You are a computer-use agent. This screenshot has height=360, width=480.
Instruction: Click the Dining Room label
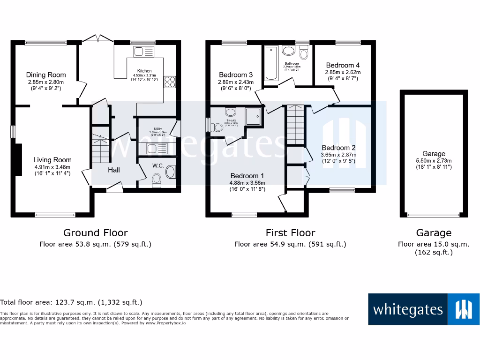tap(45, 75)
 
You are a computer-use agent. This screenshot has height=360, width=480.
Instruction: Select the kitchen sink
tap(144, 52)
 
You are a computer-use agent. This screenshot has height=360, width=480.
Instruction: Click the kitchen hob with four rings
tap(169, 82)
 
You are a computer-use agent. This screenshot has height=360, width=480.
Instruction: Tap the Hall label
tap(114, 170)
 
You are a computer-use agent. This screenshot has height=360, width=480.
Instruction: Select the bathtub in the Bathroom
tap(271, 63)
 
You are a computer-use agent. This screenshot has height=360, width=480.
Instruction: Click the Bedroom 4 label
tap(343, 65)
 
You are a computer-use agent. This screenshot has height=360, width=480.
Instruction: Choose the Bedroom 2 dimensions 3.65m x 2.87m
tap(338, 155)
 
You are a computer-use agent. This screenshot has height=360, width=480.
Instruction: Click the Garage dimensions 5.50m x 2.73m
tap(434, 160)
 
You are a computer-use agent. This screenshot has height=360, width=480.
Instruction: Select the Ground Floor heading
tap(95, 232)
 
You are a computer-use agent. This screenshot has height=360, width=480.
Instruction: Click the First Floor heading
tap(290, 232)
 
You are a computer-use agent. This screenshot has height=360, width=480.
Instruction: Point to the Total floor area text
tap(71, 302)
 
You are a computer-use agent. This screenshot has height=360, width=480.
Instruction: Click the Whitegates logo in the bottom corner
tap(424, 309)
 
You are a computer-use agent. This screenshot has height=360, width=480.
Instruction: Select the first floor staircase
tap(295, 124)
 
